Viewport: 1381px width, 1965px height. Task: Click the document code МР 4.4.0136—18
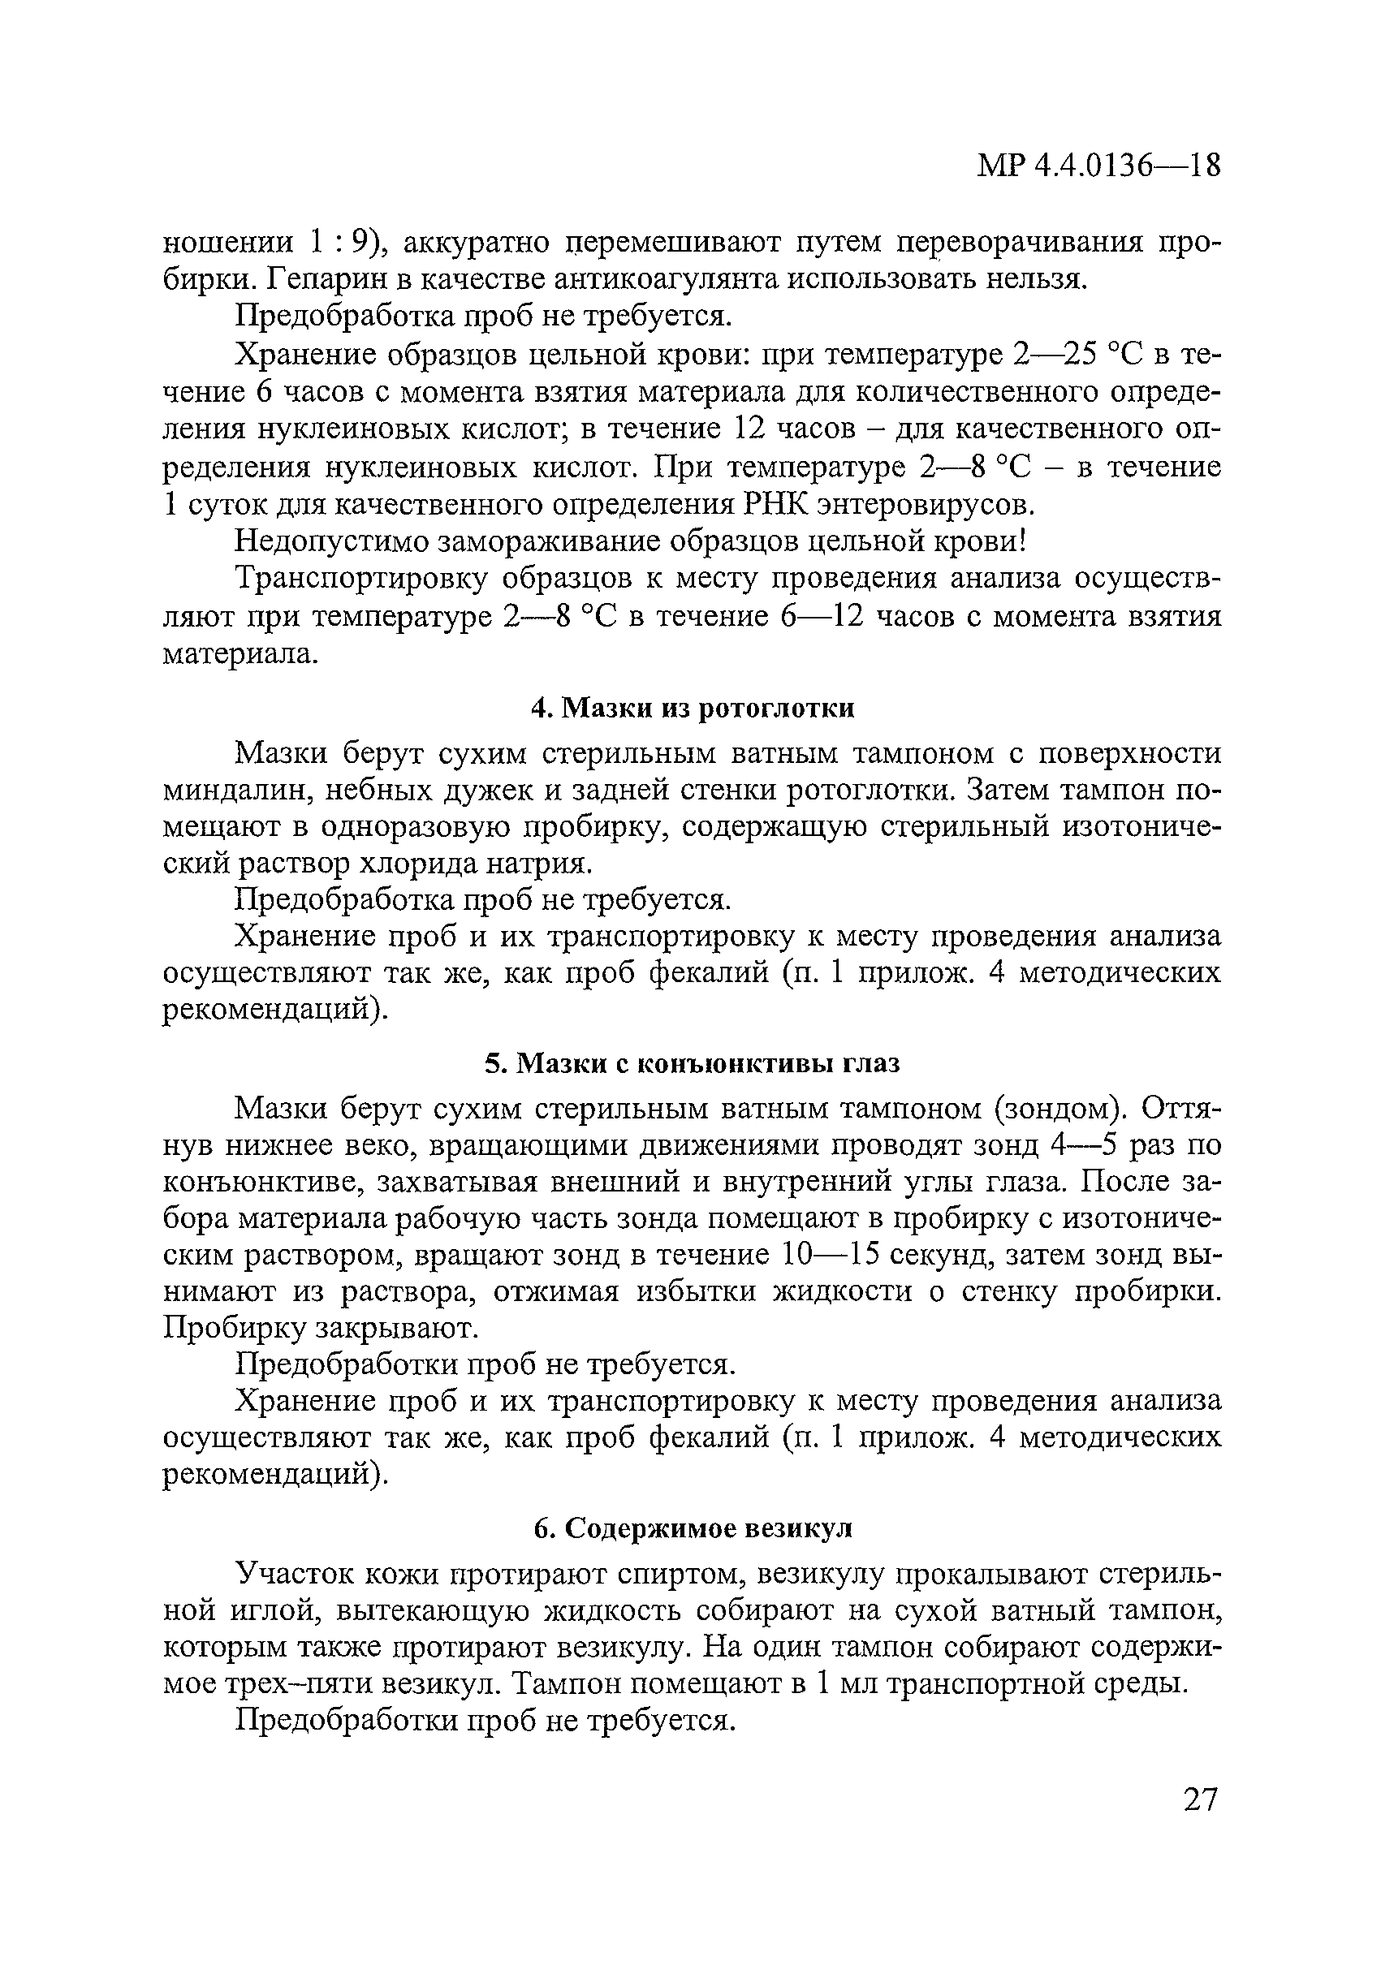tap(1098, 166)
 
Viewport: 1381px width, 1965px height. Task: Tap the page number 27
tap(1199, 1799)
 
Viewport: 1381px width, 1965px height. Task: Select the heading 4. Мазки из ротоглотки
tap(692, 709)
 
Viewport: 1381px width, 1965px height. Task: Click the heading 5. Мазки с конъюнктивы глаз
tap(692, 1064)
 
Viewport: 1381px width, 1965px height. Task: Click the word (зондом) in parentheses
tap(1061, 1110)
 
